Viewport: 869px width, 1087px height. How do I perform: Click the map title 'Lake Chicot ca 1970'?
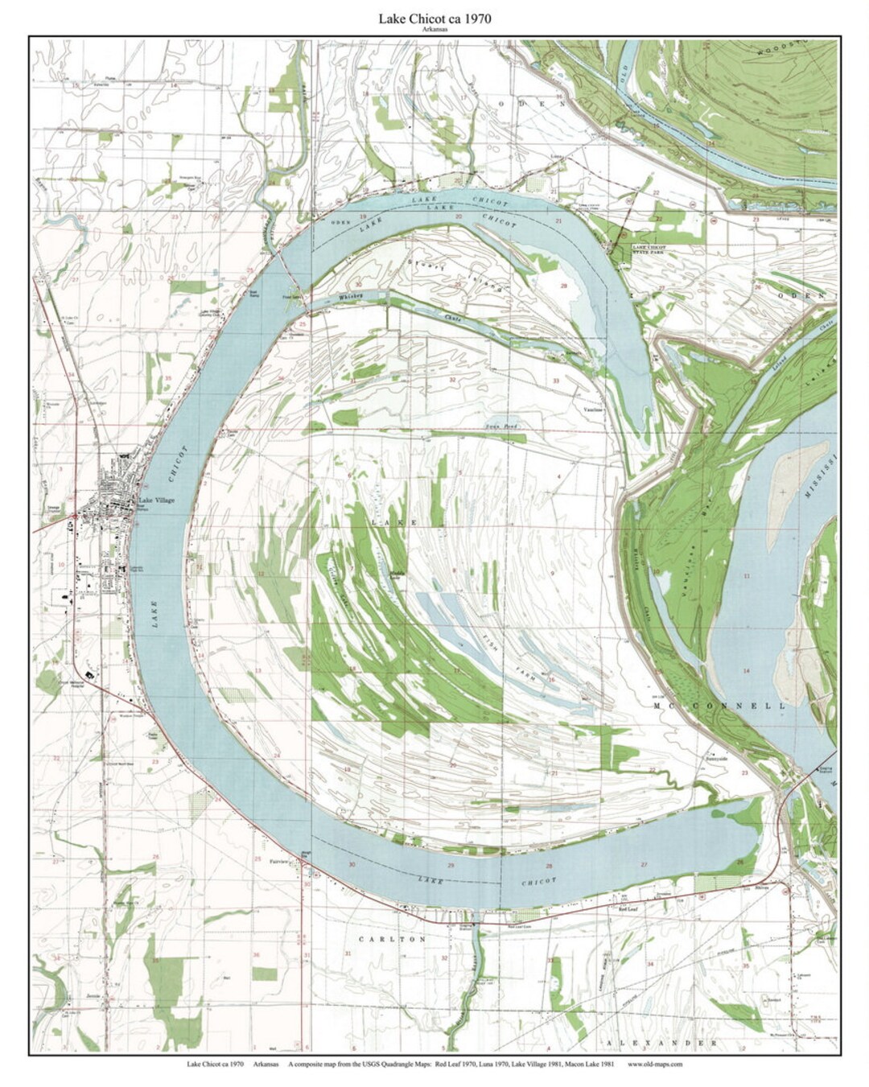pyautogui.click(x=434, y=19)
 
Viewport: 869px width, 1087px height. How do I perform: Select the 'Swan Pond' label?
pyautogui.click(x=501, y=426)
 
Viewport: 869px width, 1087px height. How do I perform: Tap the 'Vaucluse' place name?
pyautogui.click(x=595, y=408)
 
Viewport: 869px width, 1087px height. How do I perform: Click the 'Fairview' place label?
pyautogui.click(x=280, y=859)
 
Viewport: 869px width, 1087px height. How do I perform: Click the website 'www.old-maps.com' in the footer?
pyautogui.click(x=655, y=1064)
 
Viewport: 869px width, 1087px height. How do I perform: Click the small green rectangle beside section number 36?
pyautogui.click(x=264, y=974)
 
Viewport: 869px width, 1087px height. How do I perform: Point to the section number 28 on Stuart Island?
pyautogui.click(x=564, y=286)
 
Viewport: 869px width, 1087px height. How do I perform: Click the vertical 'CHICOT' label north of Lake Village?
pyautogui.click(x=181, y=461)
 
